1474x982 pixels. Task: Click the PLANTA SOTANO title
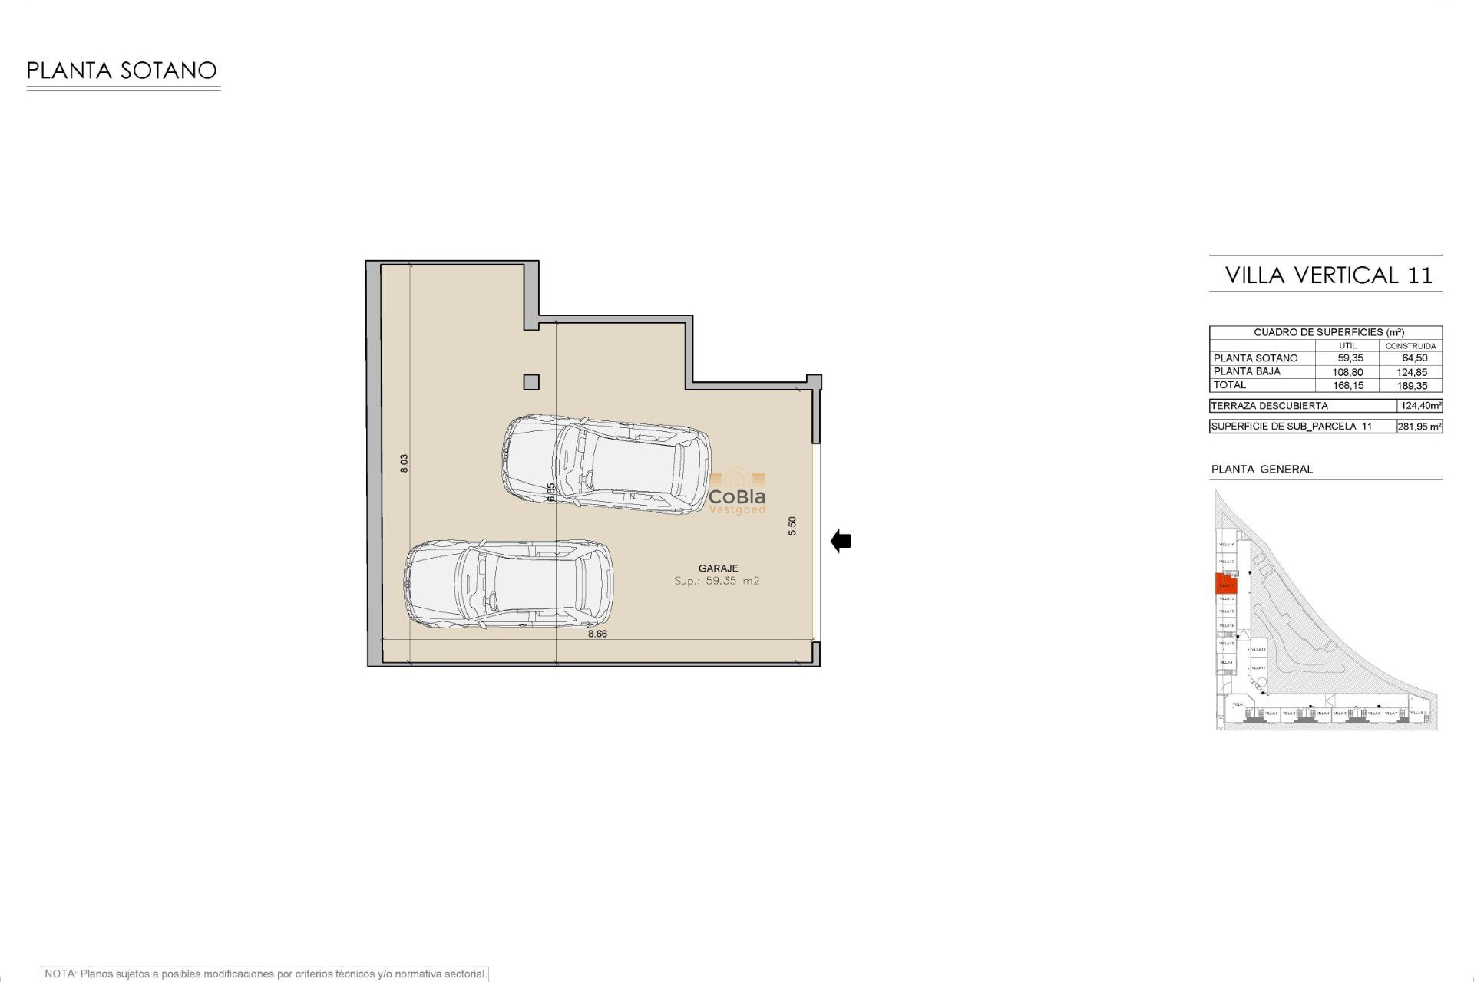(x=121, y=71)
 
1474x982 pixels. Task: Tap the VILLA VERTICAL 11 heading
(x=1328, y=275)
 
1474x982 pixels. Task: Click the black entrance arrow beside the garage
(x=841, y=542)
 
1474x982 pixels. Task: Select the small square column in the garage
(x=531, y=381)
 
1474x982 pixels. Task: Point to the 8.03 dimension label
(x=405, y=463)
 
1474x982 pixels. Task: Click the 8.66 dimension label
(x=597, y=634)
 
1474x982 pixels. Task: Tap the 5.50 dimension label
(x=792, y=526)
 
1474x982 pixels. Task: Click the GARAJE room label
(x=718, y=568)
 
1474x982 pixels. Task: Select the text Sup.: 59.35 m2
(x=716, y=581)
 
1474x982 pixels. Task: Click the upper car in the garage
(x=606, y=464)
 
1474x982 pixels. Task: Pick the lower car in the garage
(x=508, y=584)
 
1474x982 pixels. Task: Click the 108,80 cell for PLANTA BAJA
(x=1348, y=372)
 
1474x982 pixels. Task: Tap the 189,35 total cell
(x=1412, y=386)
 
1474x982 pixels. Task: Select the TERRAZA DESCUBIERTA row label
(x=1269, y=406)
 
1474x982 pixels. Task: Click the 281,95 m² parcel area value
(x=1419, y=427)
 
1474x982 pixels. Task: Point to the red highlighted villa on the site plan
(x=1226, y=584)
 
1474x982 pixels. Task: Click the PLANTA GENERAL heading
(x=1261, y=469)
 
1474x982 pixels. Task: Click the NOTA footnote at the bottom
(x=265, y=974)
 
